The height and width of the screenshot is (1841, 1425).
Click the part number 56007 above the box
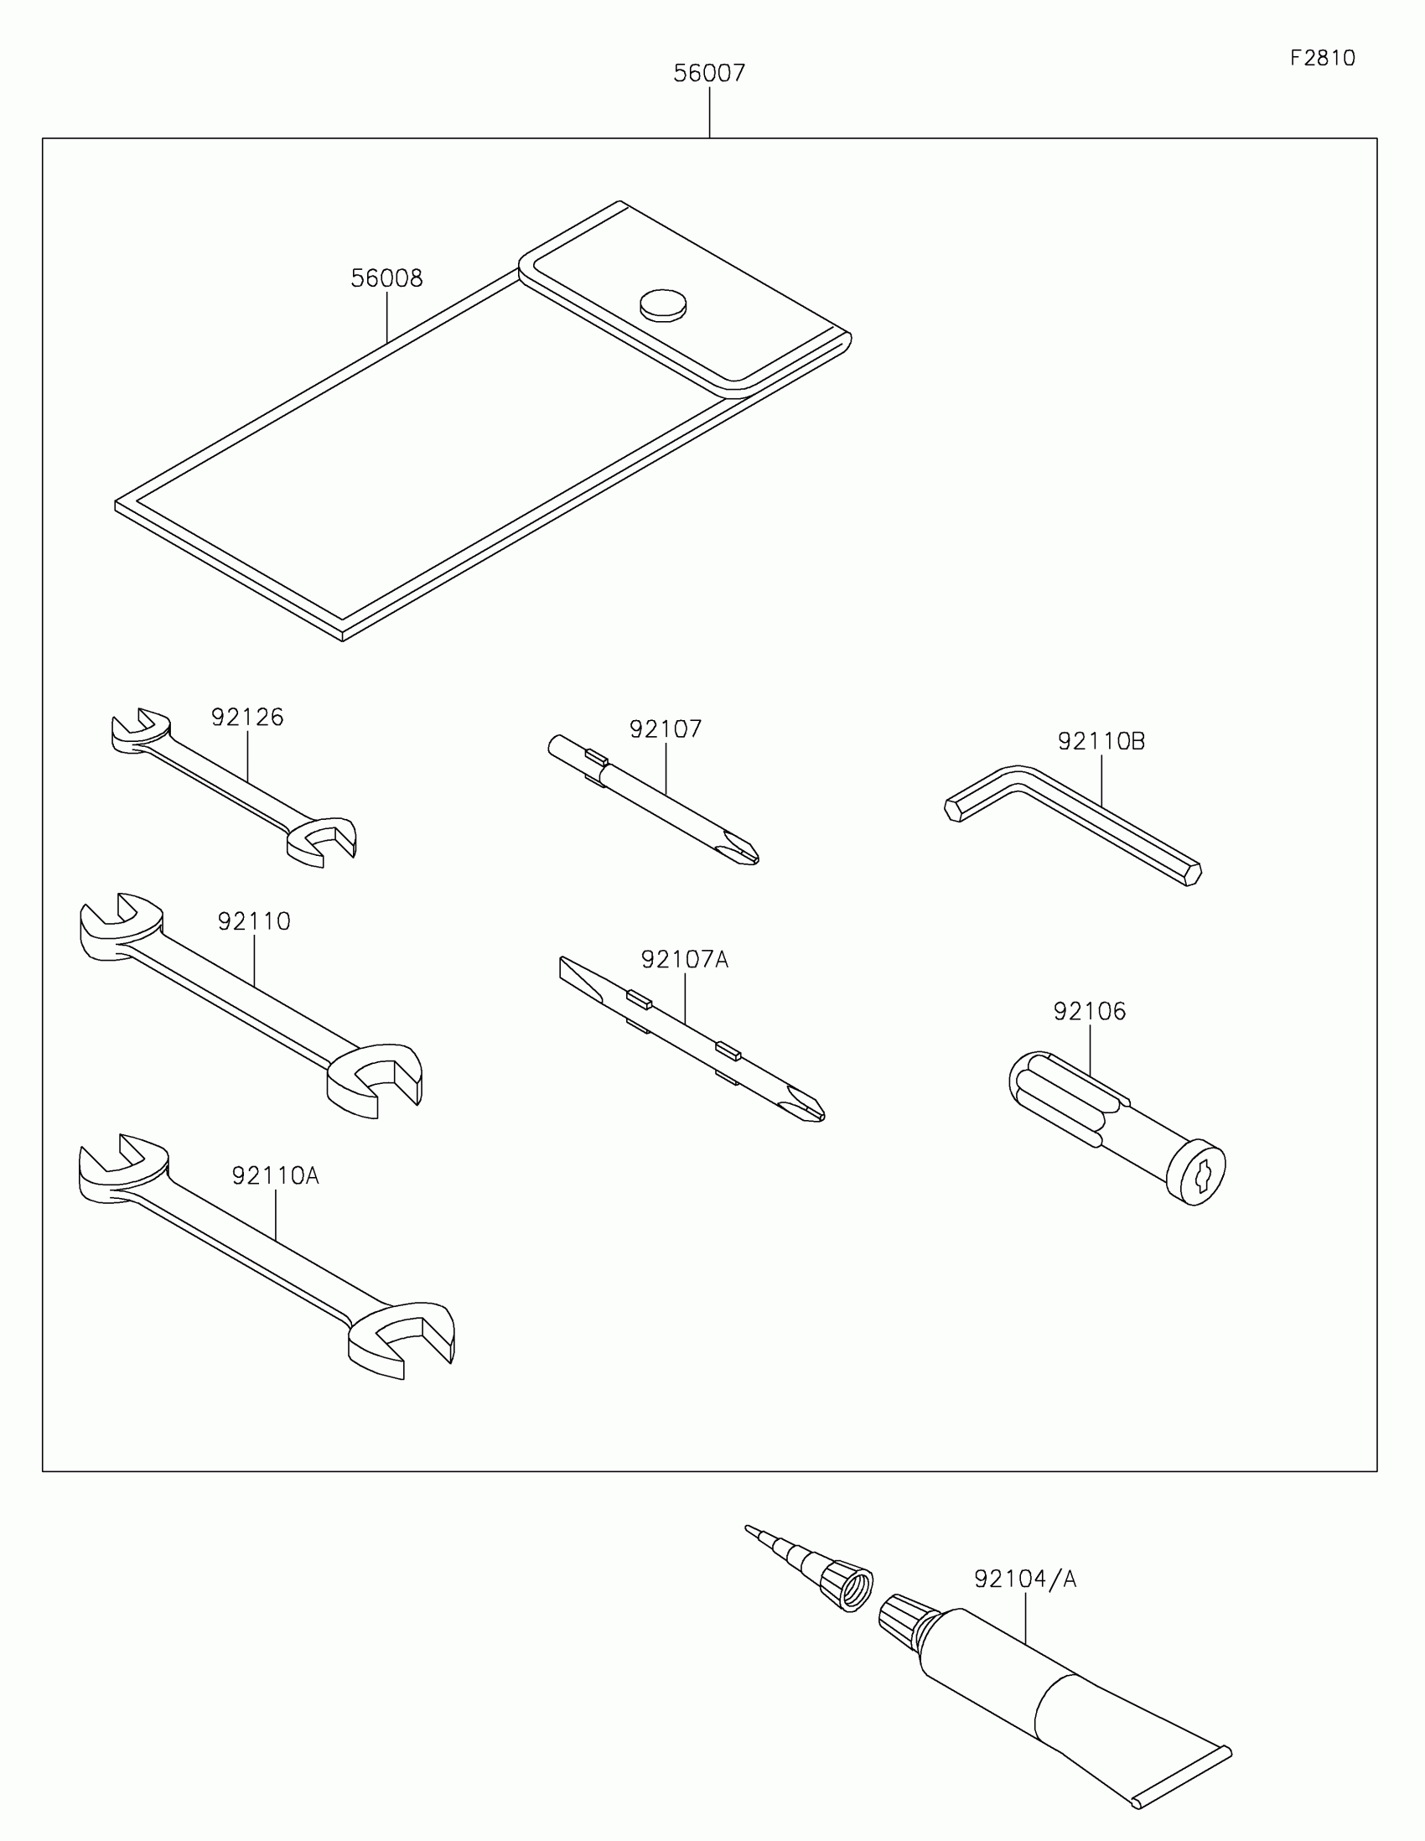coord(708,73)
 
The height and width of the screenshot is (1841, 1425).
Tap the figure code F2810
coord(1322,58)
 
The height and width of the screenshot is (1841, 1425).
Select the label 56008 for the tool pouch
coord(386,278)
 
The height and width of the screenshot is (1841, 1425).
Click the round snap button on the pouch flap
coord(663,305)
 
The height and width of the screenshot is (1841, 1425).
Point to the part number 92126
coord(247,718)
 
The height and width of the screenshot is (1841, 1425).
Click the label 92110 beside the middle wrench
coord(254,921)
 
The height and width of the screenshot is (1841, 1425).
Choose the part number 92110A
coord(276,1175)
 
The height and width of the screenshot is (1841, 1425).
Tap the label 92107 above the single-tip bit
coord(666,729)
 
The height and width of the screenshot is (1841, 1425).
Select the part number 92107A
coord(684,959)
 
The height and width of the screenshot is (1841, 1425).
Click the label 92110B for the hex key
coord(1101,741)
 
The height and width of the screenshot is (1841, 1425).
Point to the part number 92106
coord(1090,1011)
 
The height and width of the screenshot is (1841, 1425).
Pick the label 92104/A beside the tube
coord(1025,1579)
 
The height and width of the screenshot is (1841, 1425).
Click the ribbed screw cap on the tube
coord(905,1620)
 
